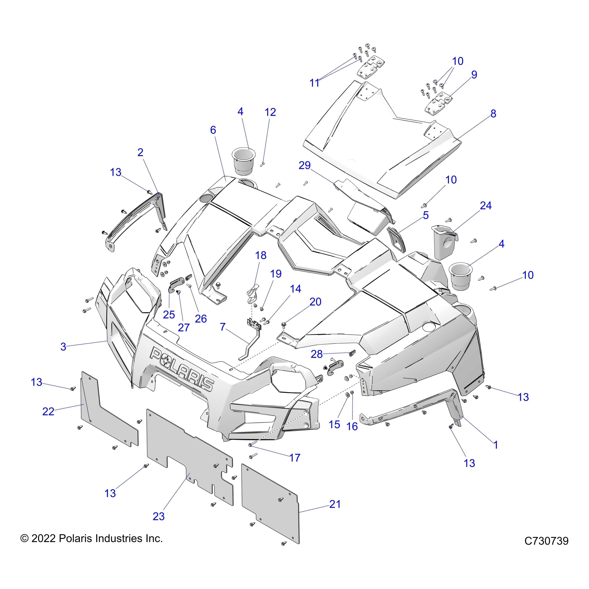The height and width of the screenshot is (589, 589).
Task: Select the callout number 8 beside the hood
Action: pos(493,114)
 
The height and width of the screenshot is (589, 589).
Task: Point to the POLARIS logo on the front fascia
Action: pos(182,369)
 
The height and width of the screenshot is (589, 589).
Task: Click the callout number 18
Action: pos(261,255)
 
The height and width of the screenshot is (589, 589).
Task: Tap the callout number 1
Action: pos(496,445)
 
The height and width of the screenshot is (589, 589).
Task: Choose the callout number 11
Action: pos(314,83)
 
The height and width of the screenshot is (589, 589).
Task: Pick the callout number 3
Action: pos(63,347)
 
